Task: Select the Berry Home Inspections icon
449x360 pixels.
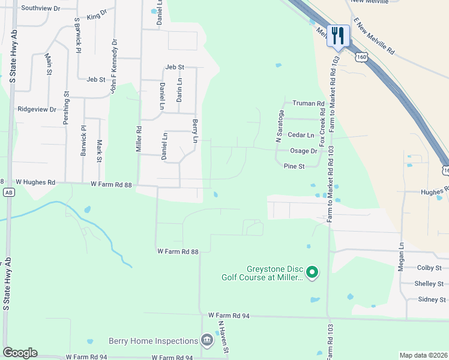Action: (206, 341)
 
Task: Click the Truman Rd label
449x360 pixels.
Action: (308, 103)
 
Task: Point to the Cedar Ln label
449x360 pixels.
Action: (301, 136)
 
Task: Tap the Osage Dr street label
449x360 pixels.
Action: (303, 151)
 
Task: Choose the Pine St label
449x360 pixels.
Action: (294, 166)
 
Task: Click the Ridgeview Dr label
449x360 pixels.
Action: (37, 110)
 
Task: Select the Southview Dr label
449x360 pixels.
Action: (40, 8)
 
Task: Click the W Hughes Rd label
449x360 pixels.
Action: (35, 182)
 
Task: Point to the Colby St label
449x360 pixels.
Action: (429, 268)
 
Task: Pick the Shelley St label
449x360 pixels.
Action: (429, 284)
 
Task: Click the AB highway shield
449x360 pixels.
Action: (8, 193)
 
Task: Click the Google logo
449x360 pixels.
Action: (20, 353)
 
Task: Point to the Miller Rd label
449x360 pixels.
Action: (139, 139)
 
